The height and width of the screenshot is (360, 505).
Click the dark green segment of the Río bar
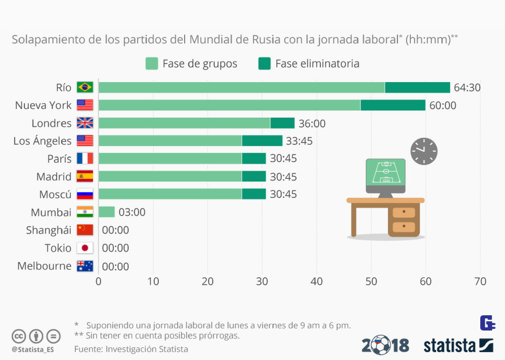coord(417,87)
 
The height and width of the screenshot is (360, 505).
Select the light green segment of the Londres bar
coord(184,123)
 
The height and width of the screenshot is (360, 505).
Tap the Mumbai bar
coord(106,212)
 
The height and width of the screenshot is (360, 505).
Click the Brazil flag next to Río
coord(85,87)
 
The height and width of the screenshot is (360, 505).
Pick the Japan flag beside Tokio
coord(85,248)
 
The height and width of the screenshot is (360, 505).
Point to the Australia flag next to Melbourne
coord(85,266)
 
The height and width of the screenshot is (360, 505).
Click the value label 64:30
coord(467,87)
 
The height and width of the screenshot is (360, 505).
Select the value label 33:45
coord(300,141)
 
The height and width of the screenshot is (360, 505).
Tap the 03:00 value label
coord(132,212)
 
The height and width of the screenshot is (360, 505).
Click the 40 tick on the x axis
coord(317,282)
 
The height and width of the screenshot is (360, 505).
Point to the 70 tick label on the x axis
coord(480,282)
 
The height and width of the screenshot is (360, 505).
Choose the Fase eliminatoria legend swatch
coord(265,64)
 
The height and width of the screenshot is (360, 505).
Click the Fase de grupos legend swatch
coord(151,64)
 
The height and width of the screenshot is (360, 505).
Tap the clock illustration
coord(423,151)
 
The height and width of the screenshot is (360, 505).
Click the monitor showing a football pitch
coord(386,174)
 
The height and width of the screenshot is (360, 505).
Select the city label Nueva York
coord(43,105)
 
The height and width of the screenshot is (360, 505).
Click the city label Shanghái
coord(48,230)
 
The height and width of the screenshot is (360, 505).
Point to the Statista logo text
coord(450,345)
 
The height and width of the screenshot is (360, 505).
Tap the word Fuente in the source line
coord(88,348)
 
